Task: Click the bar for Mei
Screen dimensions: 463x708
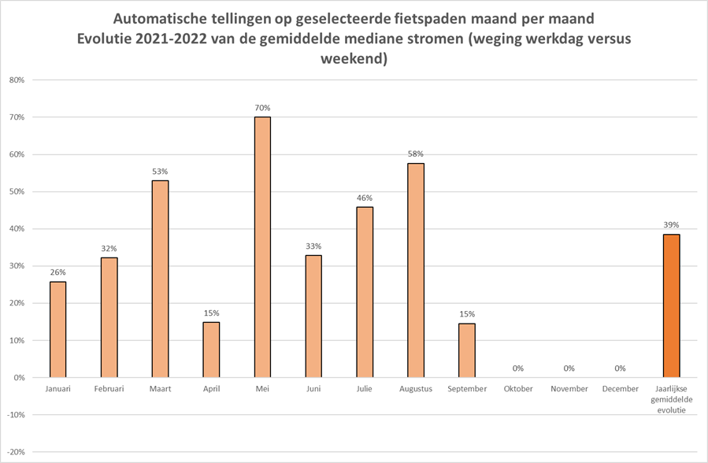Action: coord(262,247)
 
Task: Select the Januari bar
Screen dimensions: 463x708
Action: coord(57,329)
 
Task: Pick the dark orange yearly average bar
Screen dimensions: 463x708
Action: coord(671,306)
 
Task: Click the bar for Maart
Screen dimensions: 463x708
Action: coord(160,279)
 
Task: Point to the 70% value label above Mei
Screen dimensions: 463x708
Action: coord(262,108)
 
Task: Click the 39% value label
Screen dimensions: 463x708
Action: coord(671,224)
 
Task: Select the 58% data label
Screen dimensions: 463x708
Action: coord(416,154)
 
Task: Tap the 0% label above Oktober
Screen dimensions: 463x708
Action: coord(517,368)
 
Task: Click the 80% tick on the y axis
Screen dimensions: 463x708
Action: coord(17,80)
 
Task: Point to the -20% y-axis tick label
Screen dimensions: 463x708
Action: coord(15,452)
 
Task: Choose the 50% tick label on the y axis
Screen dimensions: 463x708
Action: coord(17,192)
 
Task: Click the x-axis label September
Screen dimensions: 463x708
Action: coord(467,389)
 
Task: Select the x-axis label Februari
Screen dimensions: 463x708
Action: coord(109,389)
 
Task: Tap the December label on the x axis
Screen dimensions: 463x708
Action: coord(620,389)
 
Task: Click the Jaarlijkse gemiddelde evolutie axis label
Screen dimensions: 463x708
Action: coord(671,399)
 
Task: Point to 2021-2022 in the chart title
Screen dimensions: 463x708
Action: coord(165,39)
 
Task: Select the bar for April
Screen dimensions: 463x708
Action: coord(211,350)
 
